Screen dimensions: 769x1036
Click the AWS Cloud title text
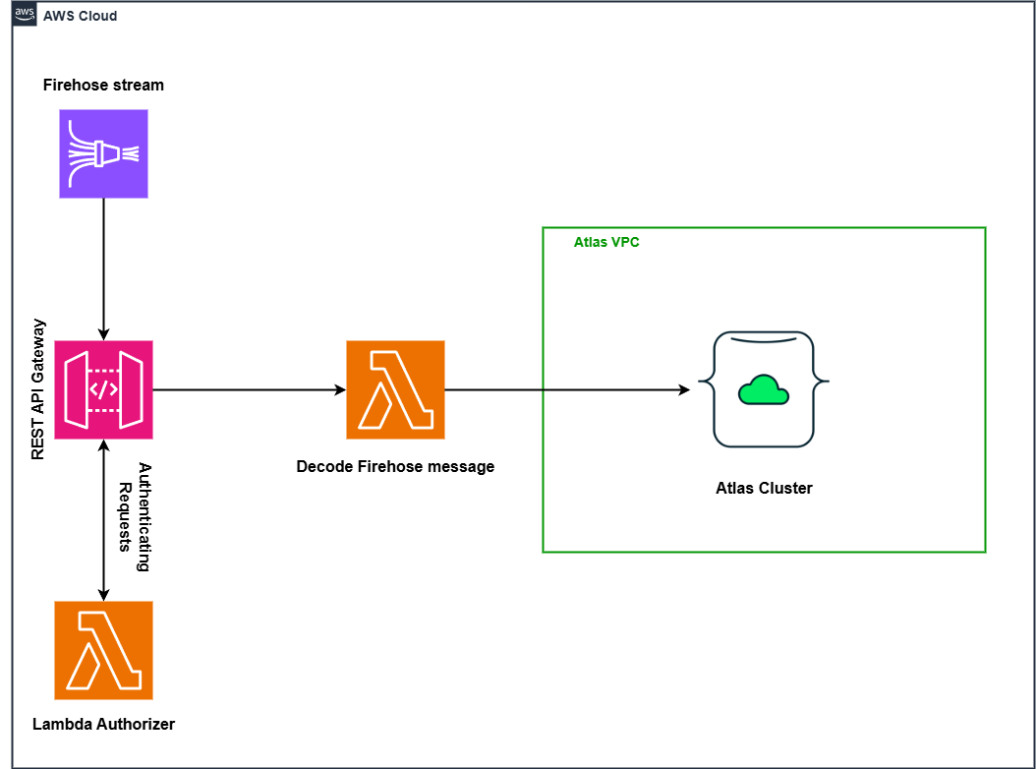coord(80,17)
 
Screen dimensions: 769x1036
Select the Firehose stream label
coord(103,85)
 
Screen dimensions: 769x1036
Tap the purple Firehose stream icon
coord(103,153)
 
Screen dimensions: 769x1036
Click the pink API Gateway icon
coord(103,390)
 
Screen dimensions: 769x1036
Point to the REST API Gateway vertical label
coord(38,389)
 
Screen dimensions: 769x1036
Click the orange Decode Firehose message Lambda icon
coord(395,389)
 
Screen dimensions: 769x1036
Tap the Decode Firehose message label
coord(395,466)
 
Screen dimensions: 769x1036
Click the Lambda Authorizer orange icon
coord(103,650)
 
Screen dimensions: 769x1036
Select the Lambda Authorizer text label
coord(103,724)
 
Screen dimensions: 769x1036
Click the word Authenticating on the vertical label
coord(144,517)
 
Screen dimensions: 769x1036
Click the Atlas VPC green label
coord(606,242)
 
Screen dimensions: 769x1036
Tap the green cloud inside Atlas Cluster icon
coord(764,389)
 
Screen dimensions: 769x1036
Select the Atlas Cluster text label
coord(764,488)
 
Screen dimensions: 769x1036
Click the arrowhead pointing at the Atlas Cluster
coord(684,389)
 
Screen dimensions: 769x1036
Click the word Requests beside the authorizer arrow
coord(125,517)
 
